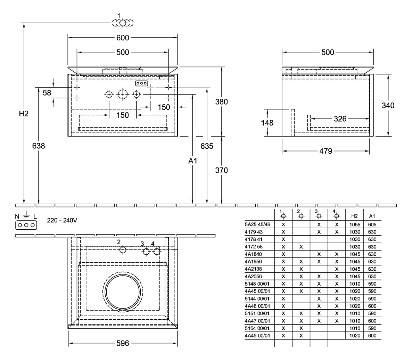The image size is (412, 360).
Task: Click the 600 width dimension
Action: tap(122, 38)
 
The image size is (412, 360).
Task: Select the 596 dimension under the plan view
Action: tap(122, 343)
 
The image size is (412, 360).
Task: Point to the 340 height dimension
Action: tap(388, 105)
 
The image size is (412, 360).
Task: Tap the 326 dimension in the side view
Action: tap(340, 119)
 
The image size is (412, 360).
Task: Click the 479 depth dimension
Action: tap(326, 151)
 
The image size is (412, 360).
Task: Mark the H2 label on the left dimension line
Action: tap(23, 114)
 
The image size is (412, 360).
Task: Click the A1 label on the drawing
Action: tap(192, 161)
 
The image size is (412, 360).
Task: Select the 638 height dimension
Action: tap(38, 146)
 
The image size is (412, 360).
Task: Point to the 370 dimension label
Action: tap(221, 170)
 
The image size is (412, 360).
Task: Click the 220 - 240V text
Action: tap(62, 221)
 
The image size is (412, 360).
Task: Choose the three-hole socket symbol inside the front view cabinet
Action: tap(141, 84)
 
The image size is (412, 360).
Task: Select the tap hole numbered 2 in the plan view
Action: tap(122, 250)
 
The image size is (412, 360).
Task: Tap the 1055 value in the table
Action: tap(354, 224)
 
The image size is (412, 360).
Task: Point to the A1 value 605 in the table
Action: tap(372, 224)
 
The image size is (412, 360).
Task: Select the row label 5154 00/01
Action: tap(257, 328)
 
